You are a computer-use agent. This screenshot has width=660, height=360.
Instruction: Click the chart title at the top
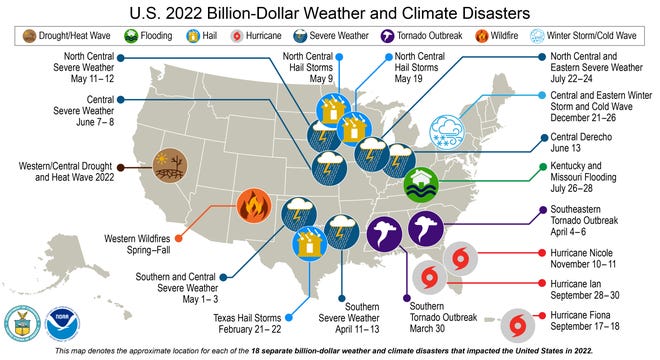click(329, 14)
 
